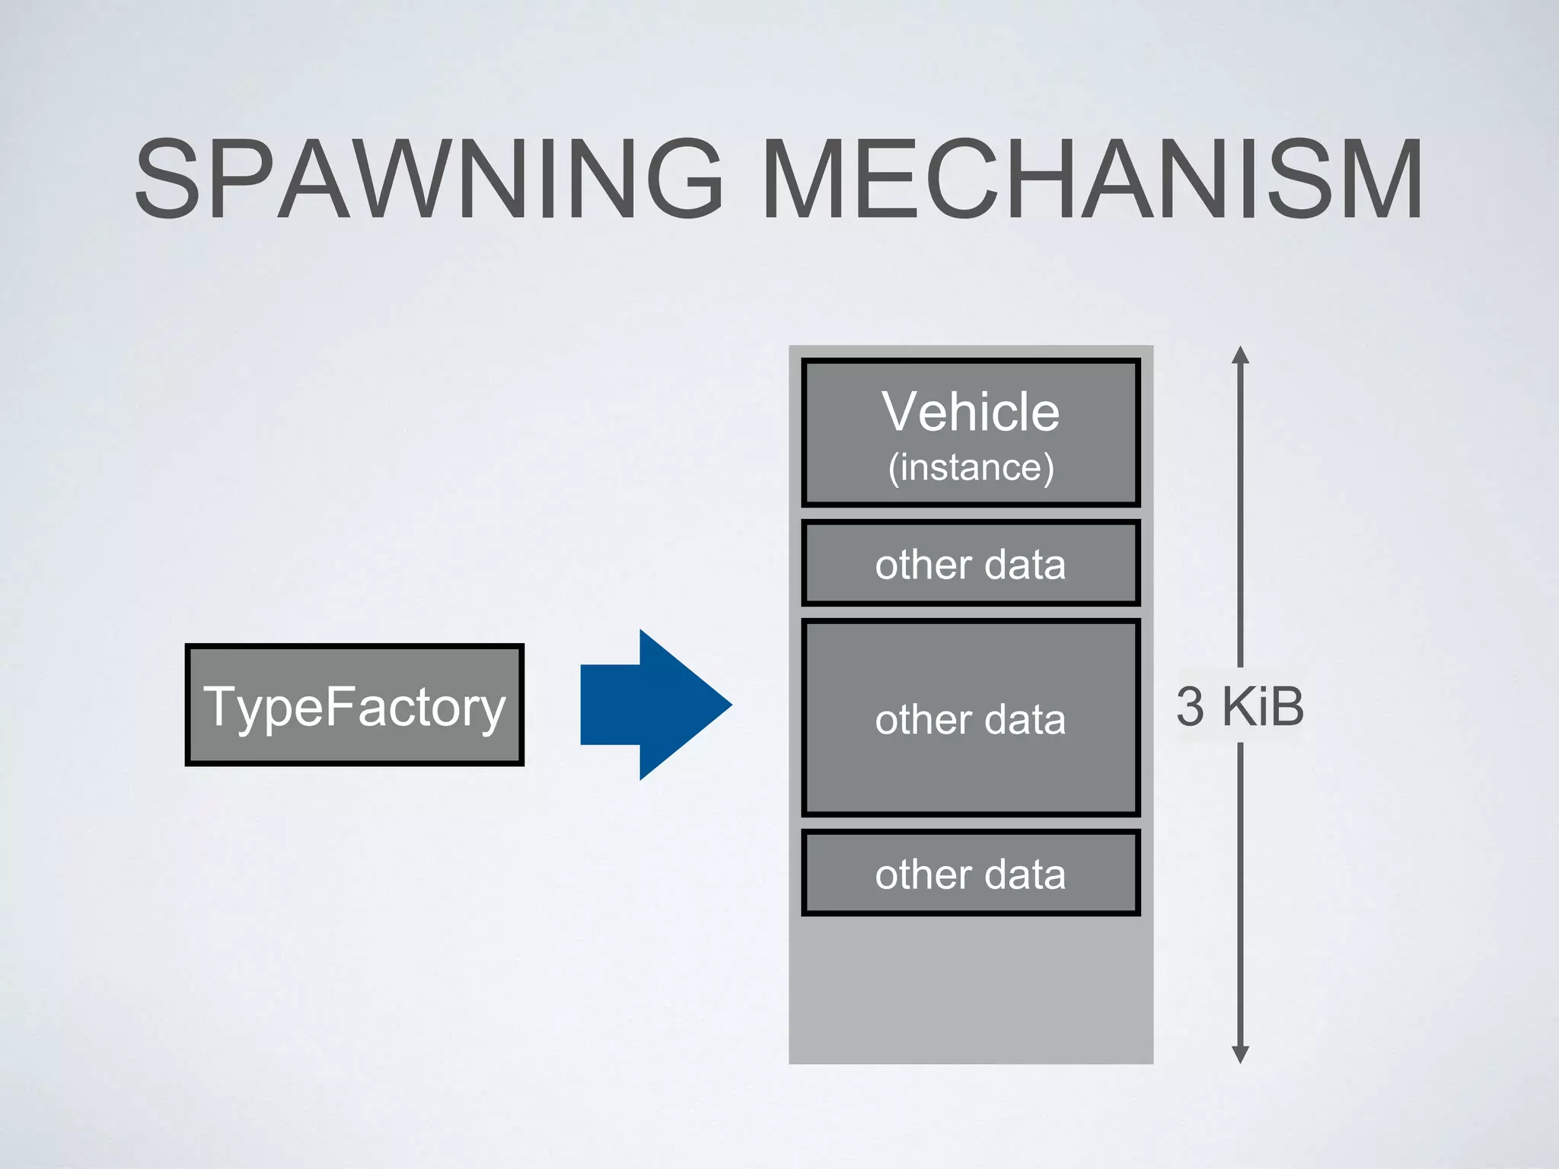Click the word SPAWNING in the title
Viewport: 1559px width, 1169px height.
point(428,180)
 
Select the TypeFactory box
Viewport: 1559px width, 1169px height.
point(355,705)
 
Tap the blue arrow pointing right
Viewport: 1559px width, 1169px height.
point(647,705)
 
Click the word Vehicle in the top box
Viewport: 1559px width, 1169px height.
point(971,412)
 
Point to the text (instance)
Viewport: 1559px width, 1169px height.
point(971,467)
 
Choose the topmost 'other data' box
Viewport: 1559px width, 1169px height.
point(971,564)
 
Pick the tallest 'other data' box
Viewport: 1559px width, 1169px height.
point(971,718)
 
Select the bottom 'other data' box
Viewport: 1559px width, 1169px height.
point(971,874)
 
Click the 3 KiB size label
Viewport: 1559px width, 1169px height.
point(1239,706)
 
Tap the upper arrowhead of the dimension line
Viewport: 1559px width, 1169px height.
point(1240,355)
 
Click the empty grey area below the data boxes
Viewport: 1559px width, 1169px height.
point(971,989)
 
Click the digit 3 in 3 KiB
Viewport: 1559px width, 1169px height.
point(1190,706)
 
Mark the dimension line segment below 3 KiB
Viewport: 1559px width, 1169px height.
point(1240,898)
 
